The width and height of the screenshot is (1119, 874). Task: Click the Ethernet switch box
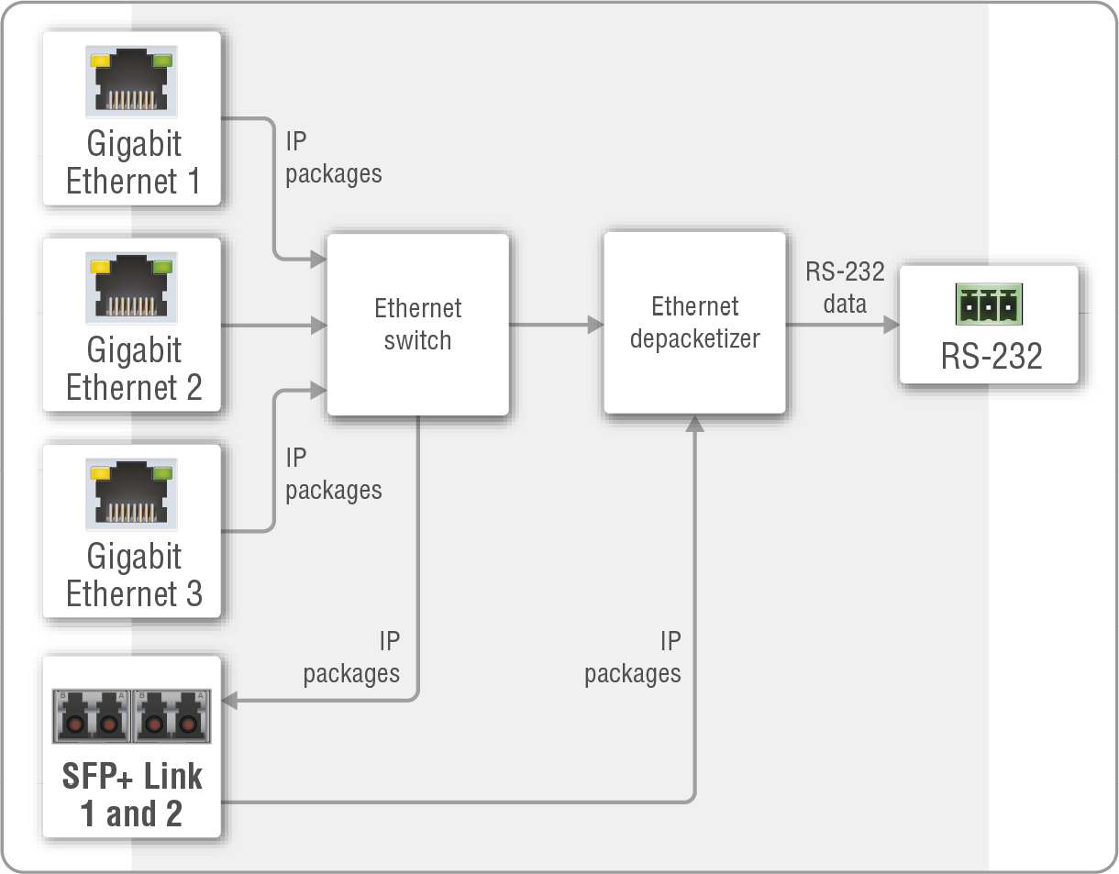tap(417, 324)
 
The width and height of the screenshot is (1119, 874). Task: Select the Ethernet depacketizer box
tap(694, 322)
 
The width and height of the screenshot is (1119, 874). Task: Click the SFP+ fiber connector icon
tap(132, 715)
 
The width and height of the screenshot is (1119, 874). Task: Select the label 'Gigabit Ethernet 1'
tap(134, 162)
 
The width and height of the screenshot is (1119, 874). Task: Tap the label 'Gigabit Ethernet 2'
tap(134, 369)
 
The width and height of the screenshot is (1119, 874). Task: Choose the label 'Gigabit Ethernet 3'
tap(134, 575)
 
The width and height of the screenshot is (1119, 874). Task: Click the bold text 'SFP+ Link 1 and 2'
tap(132, 795)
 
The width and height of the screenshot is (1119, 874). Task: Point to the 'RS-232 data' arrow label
tap(845, 287)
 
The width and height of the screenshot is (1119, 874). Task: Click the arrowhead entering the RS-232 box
tap(890, 325)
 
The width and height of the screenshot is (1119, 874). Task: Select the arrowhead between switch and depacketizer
tap(594, 325)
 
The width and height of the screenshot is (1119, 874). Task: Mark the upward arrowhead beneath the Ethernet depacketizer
tap(695, 424)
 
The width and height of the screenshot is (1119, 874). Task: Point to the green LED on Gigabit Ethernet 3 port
tap(162, 473)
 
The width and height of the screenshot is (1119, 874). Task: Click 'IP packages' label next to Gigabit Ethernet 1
tap(333, 158)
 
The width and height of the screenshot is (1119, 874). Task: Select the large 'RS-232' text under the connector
tap(992, 356)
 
